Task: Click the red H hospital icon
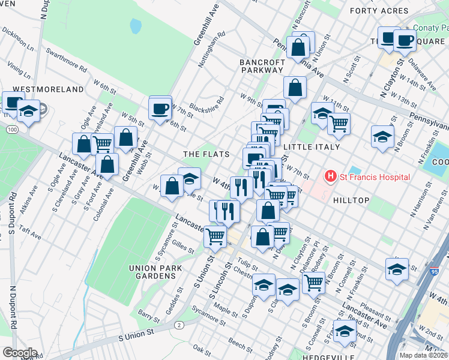pyautogui.click(x=330, y=176)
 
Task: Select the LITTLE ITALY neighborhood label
pyautogui.click(x=311, y=147)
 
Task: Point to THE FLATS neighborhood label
pyautogui.click(x=206, y=154)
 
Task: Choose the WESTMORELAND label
pyautogui.click(x=48, y=89)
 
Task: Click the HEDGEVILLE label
pyautogui.click(x=307, y=355)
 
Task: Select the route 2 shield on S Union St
pyautogui.click(x=179, y=325)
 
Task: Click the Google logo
pyautogui.click(x=19, y=353)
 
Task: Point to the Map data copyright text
pyautogui.click(x=423, y=355)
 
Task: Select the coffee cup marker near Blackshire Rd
pyautogui.click(x=160, y=109)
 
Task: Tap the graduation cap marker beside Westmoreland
pyautogui.click(x=28, y=111)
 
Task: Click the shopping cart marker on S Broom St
pyautogui.click(x=313, y=282)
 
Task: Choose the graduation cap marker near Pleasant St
pyautogui.click(x=397, y=269)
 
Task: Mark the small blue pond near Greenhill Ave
pyautogui.click(x=136, y=26)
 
